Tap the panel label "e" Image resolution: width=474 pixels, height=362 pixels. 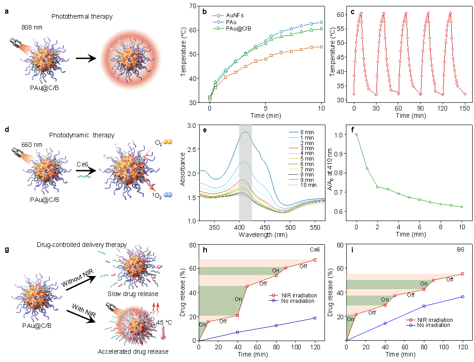point(205,130)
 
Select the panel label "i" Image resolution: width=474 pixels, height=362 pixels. point(352,250)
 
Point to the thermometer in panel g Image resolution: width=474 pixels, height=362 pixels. point(163,333)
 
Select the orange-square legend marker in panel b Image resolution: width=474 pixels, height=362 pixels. point(218,15)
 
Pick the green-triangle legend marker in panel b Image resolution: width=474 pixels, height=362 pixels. point(218,28)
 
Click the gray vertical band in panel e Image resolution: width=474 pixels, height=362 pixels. point(245,173)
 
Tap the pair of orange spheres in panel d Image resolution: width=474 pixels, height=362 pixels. point(168,142)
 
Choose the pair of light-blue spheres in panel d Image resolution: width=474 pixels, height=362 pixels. point(168,195)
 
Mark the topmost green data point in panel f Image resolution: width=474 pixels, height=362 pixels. point(356,135)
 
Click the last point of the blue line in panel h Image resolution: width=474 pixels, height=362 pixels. point(314,318)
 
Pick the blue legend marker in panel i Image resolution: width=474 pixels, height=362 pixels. point(411,325)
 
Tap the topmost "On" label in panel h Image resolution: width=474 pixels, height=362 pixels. point(276,271)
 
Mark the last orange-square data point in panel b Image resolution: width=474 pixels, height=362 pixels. point(321,46)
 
